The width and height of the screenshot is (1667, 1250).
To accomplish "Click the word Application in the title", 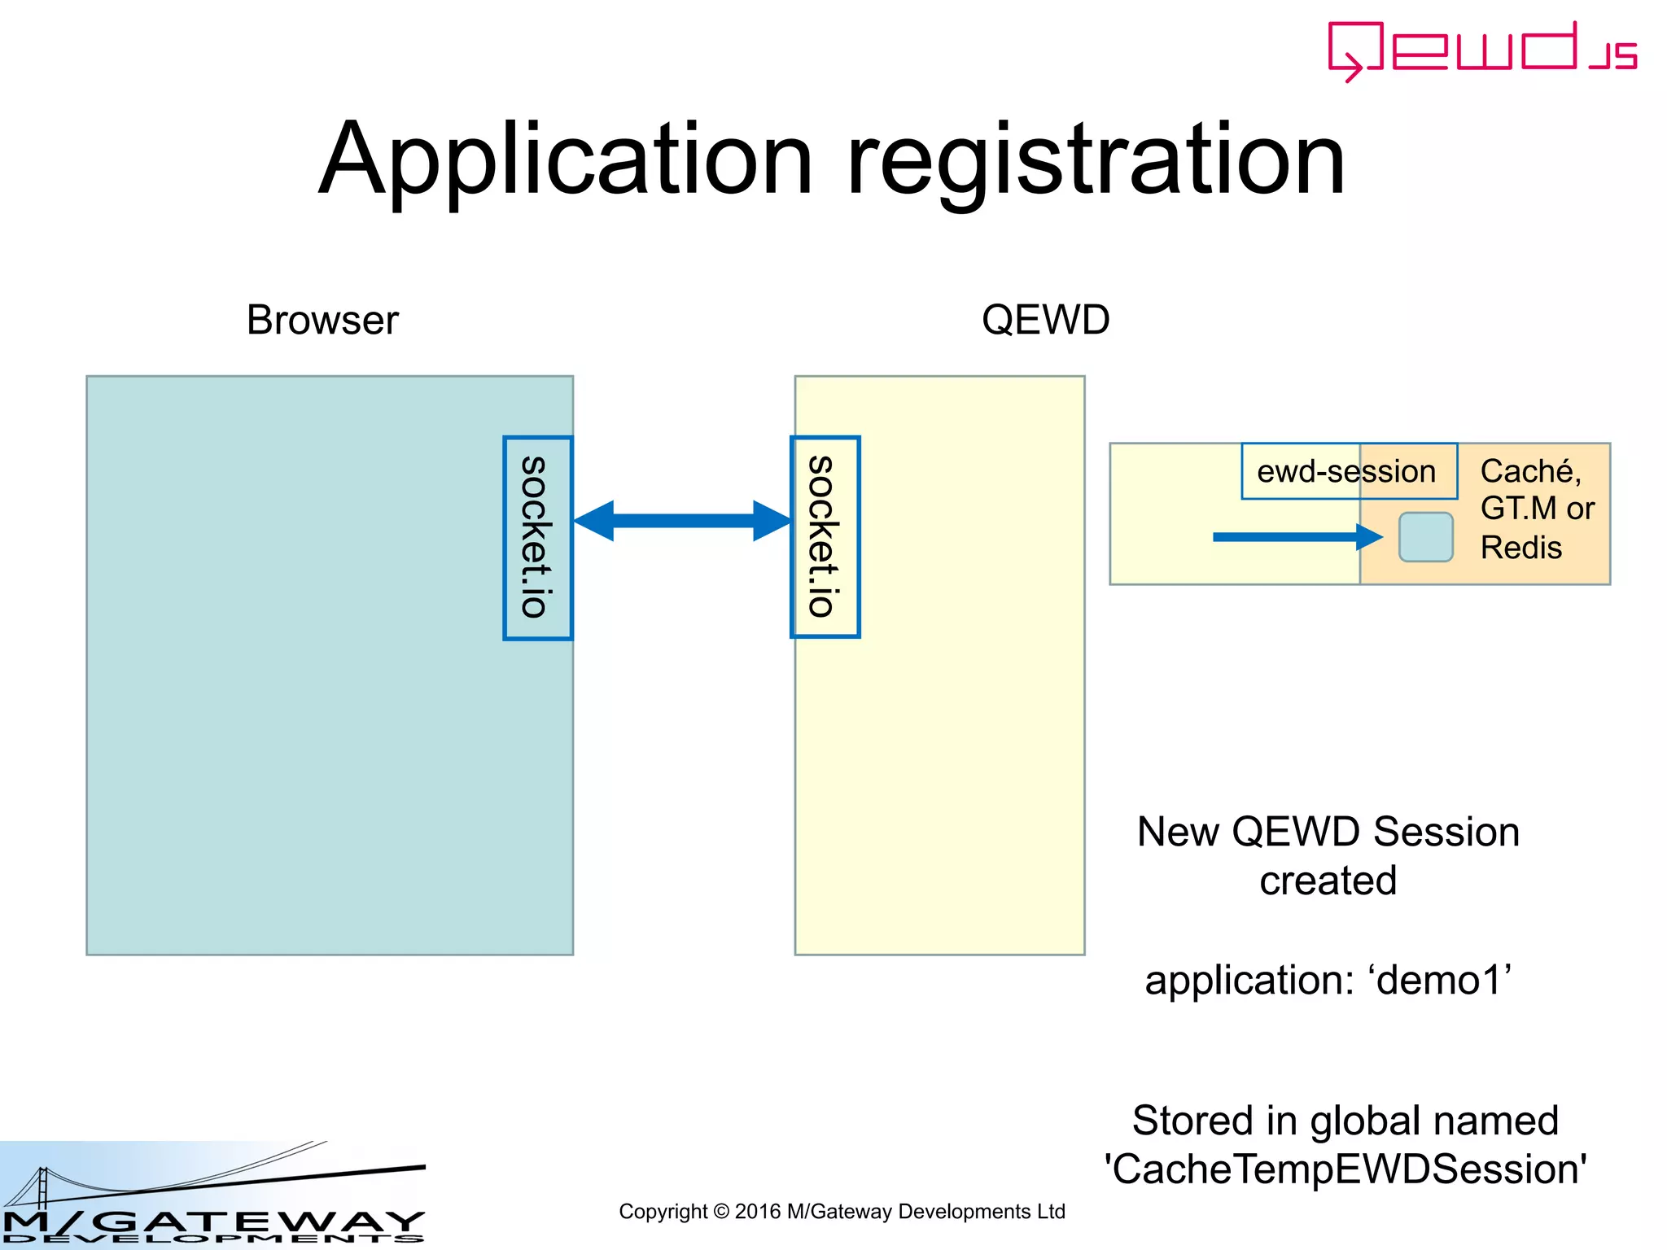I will pos(565,160).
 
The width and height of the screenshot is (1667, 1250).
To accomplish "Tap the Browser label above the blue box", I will pos(322,320).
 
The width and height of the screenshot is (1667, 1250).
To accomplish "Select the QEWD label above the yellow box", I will pos(1045,320).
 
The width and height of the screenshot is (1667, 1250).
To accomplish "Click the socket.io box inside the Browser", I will pos(537,538).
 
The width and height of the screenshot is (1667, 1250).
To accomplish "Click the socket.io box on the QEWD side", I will pos(825,537).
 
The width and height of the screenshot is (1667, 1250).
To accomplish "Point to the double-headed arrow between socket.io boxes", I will pos(682,521).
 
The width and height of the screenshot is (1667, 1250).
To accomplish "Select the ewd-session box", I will pos(1348,471).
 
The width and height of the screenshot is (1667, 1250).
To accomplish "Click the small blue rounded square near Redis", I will pos(1425,537).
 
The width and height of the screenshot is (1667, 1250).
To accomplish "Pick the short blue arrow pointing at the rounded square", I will pos(1294,537).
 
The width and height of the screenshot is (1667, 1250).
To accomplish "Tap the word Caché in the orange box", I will pos(1529,471).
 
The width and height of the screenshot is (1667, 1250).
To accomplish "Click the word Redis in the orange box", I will pos(1520,548).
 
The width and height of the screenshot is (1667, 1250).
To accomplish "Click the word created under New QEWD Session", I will pos(1328,881).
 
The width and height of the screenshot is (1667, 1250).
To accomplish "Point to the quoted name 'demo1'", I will pos(1444,980).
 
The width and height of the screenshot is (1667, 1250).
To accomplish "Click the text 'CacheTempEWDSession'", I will pos(1345,1169).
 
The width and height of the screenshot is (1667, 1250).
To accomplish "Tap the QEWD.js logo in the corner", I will pos(1481,50).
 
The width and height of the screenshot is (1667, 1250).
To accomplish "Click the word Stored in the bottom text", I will pos(1192,1121).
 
